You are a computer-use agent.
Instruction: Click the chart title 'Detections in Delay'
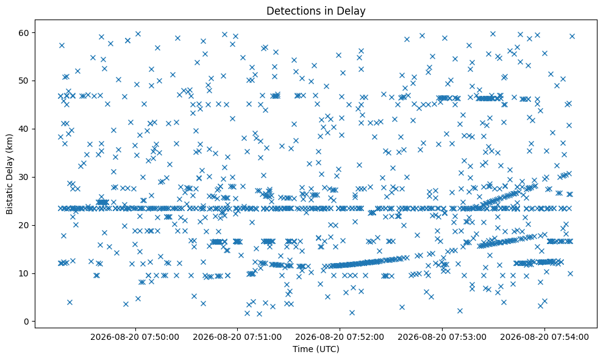pos(316,11)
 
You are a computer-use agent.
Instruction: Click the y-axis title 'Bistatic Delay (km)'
pos(9,174)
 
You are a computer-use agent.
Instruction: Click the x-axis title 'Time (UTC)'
pos(316,349)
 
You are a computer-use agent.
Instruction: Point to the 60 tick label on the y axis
pos(24,33)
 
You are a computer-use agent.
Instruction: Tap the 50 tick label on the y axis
pos(24,81)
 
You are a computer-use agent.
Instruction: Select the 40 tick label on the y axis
pos(24,129)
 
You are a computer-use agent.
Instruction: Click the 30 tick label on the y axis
pos(24,177)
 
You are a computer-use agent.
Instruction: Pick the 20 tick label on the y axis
pos(24,225)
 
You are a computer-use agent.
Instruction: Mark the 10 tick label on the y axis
pos(24,273)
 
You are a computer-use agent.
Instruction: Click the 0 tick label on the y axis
pos(27,322)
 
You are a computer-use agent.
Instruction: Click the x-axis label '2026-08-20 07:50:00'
pos(135,337)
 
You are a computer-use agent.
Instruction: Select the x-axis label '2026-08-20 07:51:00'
pos(237,337)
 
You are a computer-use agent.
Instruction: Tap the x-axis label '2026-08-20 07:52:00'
pos(340,337)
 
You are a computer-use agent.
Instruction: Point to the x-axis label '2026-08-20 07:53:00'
pos(442,337)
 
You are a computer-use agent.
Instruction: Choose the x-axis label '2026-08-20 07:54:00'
pos(544,337)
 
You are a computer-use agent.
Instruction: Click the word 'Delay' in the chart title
pos(352,11)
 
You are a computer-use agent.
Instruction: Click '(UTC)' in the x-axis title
pos(329,349)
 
